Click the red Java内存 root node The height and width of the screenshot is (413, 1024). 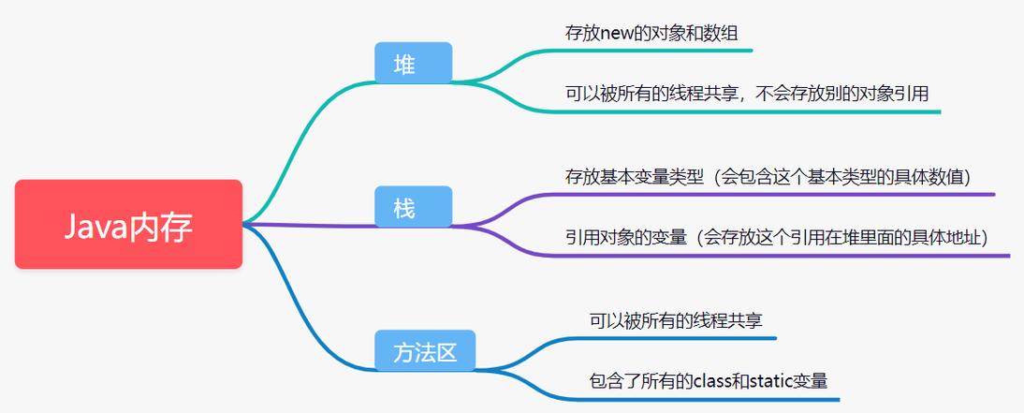pos(128,225)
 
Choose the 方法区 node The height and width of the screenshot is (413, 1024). pos(424,352)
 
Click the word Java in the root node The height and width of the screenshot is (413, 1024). pos(94,226)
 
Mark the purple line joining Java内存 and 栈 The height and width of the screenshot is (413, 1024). pos(309,225)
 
